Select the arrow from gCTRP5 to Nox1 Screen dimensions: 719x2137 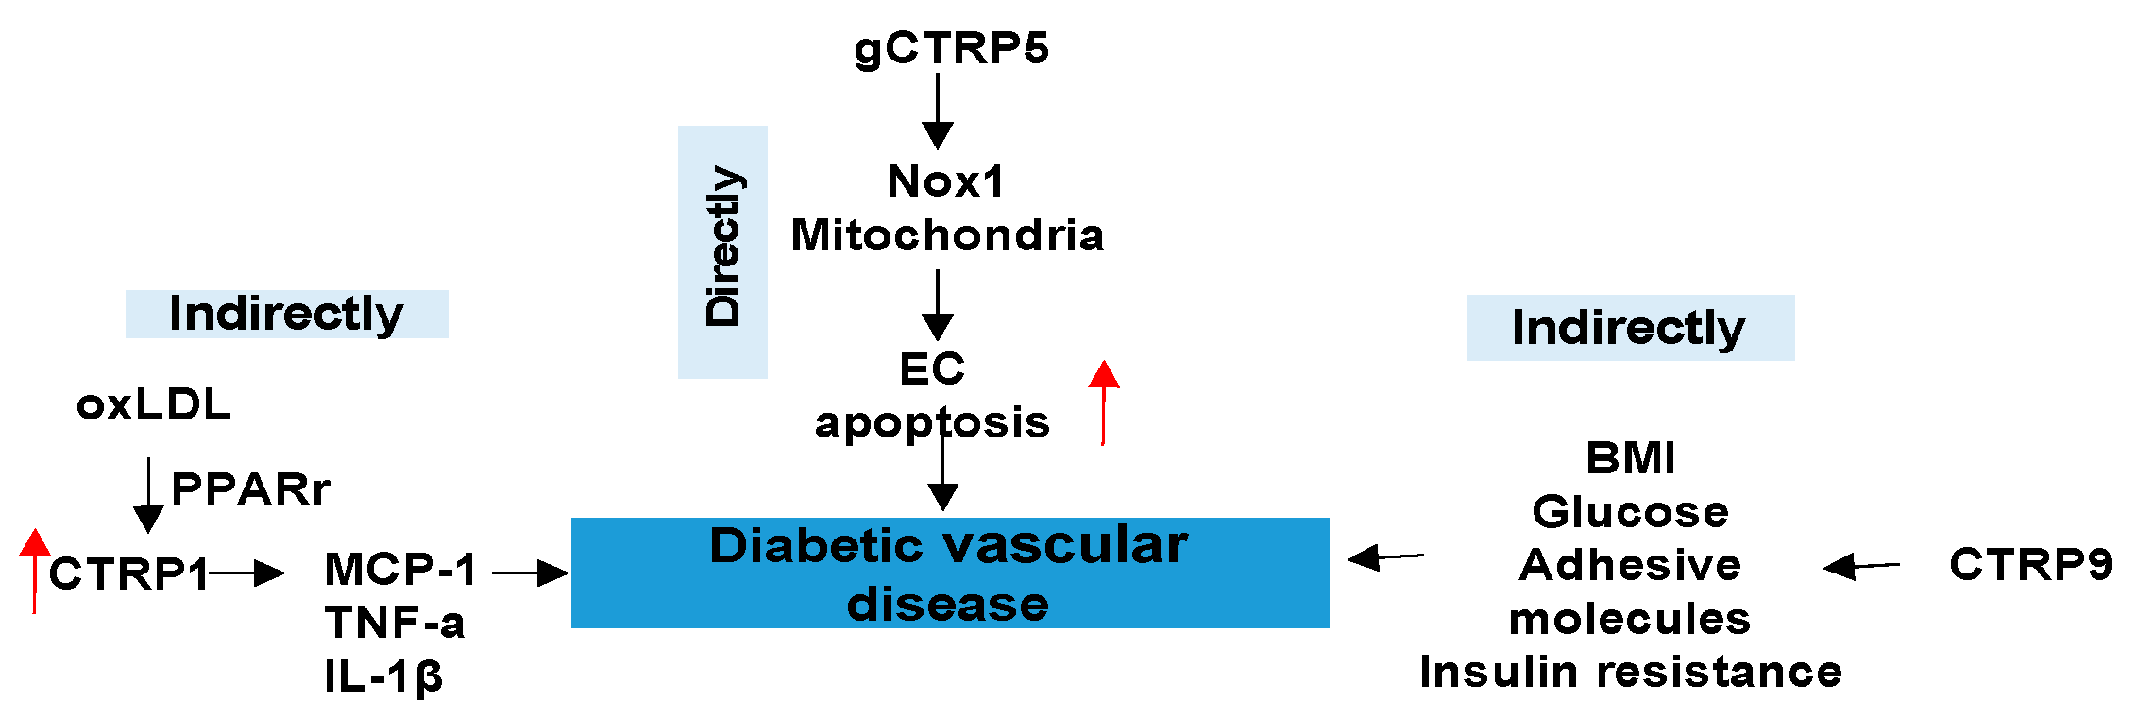937,111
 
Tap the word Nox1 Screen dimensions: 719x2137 946,181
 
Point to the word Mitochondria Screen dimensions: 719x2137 947,235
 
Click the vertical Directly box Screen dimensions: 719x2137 722,251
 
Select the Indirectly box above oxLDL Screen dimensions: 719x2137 287,314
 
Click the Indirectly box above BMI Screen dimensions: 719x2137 1630,328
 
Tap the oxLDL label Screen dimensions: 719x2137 154,404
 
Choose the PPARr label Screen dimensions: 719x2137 250,488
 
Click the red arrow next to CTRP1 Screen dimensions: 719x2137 35,571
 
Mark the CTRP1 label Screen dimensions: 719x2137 128,573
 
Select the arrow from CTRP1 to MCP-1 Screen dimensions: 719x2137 247,573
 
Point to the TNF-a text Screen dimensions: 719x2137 395,623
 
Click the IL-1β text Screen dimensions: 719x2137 383,676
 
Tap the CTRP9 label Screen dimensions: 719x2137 2030,564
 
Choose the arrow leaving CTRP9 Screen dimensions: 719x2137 1861,566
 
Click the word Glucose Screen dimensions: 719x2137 1630,511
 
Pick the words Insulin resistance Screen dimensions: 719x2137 1630,672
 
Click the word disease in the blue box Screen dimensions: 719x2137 947,604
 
